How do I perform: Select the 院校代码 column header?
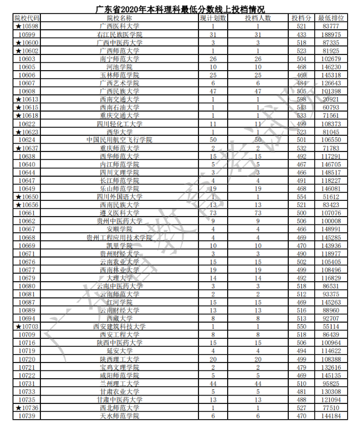click(26, 18)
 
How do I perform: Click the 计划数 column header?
click(213, 18)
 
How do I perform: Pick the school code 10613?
click(26, 99)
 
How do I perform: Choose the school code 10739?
click(26, 416)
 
